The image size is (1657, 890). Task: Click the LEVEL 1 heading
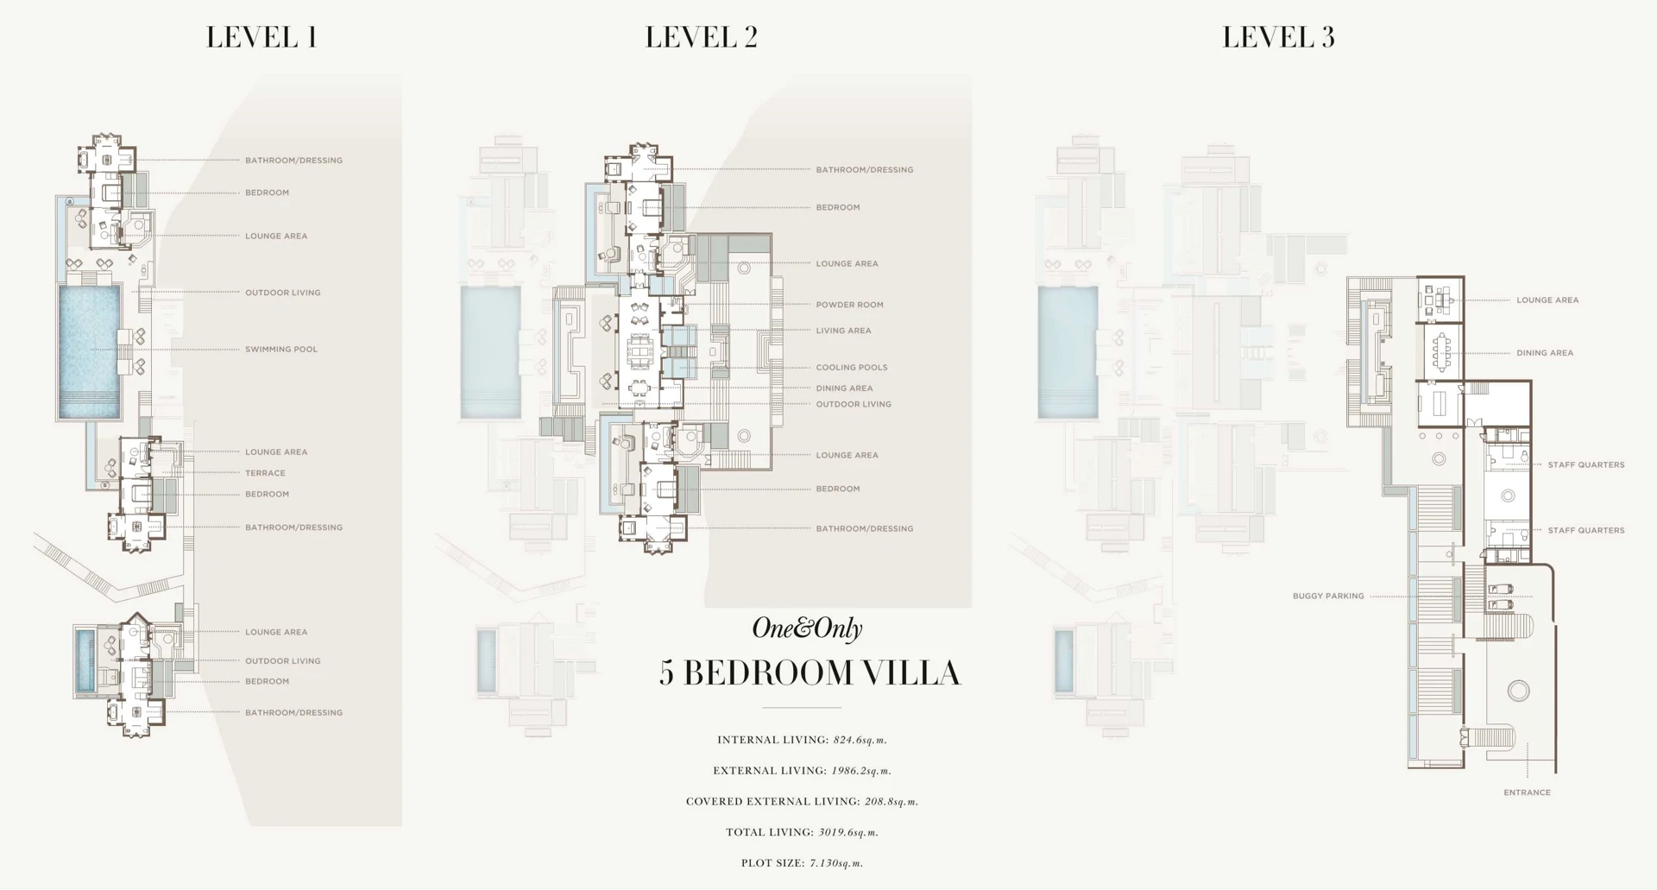(x=261, y=37)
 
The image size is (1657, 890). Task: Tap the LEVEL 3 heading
(x=1278, y=37)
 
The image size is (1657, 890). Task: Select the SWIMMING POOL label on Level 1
(x=281, y=350)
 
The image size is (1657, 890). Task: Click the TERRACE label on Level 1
(x=265, y=473)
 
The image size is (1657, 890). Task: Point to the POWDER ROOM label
(x=850, y=305)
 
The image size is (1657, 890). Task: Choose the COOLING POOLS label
(x=852, y=368)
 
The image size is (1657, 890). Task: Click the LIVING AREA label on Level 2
(x=844, y=331)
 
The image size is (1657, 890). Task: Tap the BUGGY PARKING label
(x=1328, y=596)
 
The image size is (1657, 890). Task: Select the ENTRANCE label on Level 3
(x=1527, y=792)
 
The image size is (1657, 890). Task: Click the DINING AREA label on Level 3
(x=1545, y=353)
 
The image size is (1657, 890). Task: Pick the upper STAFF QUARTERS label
(x=1586, y=465)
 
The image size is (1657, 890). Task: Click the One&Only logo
(x=807, y=628)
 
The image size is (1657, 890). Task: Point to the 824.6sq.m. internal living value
(x=860, y=740)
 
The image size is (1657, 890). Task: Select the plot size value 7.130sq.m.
(x=836, y=863)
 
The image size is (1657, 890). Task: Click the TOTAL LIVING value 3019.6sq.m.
(x=848, y=833)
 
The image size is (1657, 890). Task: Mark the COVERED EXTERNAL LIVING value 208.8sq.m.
(x=892, y=802)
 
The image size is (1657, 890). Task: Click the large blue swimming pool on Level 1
(x=90, y=351)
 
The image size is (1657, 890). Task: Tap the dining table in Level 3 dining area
(x=1440, y=351)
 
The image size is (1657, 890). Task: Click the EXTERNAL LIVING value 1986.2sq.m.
(x=861, y=771)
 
